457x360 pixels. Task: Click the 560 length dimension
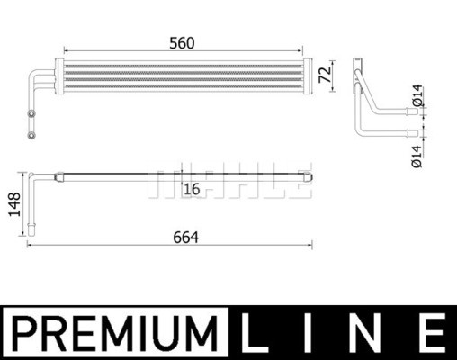pos(182,43)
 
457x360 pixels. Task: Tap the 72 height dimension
pos(325,74)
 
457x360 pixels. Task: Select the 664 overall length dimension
pos(186,238)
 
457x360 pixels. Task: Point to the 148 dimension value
pos(14,204)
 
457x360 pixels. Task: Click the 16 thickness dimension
pos(192,189)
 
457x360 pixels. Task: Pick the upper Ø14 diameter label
pos(417,95)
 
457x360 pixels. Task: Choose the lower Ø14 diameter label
pos(417,157)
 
